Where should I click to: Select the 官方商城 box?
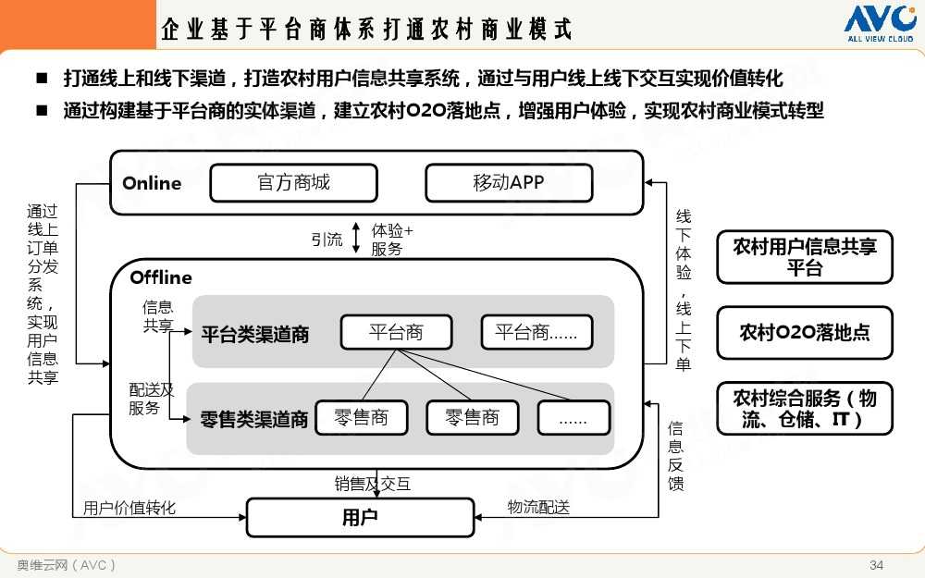pos(293,183)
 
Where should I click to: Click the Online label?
pos(152,183)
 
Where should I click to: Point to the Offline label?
pos(161,277)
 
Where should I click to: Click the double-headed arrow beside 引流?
pos(356,240)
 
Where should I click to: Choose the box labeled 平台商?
pos(396,333)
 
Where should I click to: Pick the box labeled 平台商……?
pos(536,333)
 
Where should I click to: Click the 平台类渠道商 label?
pos(255,335)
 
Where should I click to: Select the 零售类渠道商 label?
pos(254,420)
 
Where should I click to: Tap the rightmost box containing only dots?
pos(573,418)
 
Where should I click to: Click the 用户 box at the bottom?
pos(360,517)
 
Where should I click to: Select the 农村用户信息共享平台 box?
pos(805,257)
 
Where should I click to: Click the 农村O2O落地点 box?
pos(805,333)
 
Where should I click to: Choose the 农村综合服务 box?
pos(805,408)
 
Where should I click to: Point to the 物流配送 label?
pos(538,507)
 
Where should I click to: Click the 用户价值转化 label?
pos(129,508)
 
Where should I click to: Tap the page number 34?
pos(877,565)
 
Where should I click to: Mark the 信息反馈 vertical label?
pos(676,455)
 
